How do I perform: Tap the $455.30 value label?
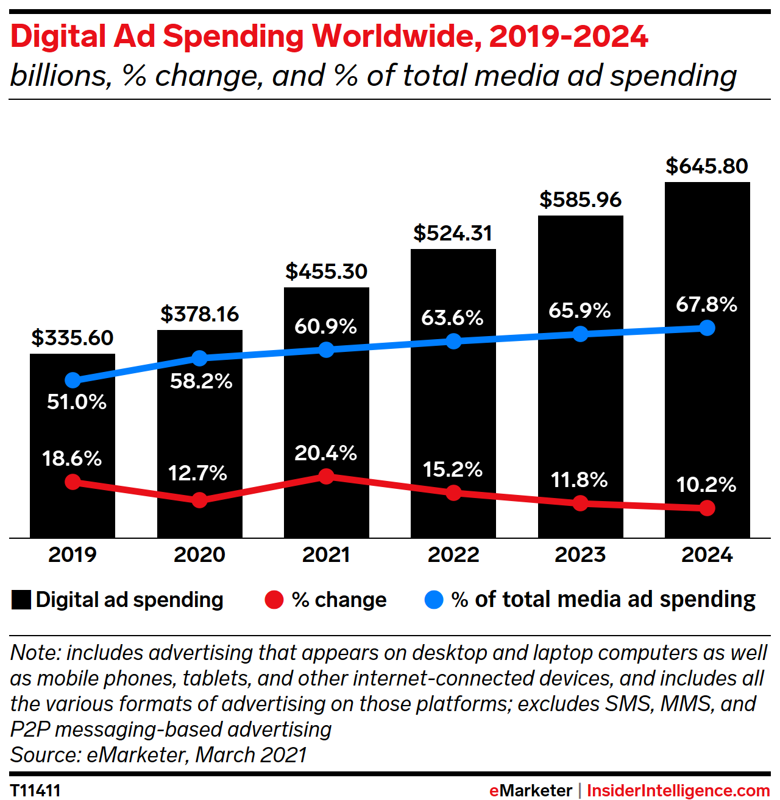pyautogui.click(x=327, y=272)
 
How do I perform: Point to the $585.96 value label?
pyautogui.click(x=580, y=200)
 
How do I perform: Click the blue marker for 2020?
pyautogui.click(x=199, y=358)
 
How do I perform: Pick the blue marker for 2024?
pyautogui.click(x=707, y=328)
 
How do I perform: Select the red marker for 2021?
pyautogui.click(x=327, y=476)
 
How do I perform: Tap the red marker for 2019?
pyautogui.click(x=73, y=482)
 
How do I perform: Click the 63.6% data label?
pyautogui.click(x=452, y=318)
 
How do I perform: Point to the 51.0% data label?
pyautogui.click(x=77, y=402)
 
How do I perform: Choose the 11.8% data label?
pyautogui.click(x=580, y=480)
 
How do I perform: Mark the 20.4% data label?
pyautogui.click(x=325, y=453)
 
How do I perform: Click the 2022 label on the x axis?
pyautogui.click(x=453, y=555)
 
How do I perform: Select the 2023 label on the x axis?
pyautogui.click(x=580, y=555)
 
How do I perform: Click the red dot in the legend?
pyautogui.click(x=274, y=600)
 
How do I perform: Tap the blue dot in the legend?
pyautogui.click(x=433, y=600)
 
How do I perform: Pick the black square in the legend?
pyautogui.click(x=21, y=600)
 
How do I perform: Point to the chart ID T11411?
pyautogui.click(x=35, y=790)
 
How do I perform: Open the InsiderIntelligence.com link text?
pyautogui.click(x=678, y=790)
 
